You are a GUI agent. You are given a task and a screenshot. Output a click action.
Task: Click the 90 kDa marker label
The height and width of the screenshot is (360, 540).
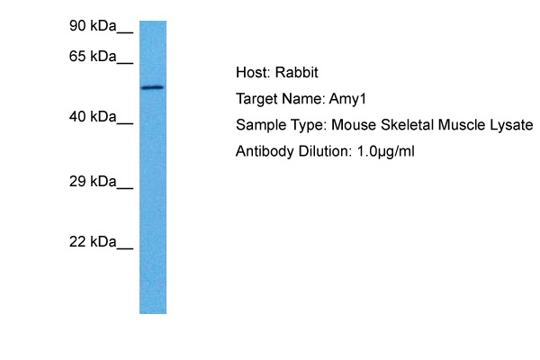(x=93, y=27)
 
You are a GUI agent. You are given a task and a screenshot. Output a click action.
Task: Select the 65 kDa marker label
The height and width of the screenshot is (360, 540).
(x=93, y=57)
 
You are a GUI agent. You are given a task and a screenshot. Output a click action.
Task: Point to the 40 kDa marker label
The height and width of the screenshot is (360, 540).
(x=93, y=117)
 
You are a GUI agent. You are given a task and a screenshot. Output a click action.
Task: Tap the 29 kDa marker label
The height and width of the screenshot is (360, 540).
(x=93, y=182)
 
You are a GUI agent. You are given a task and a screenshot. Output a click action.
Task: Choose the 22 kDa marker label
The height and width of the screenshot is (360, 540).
(x=93, y=242)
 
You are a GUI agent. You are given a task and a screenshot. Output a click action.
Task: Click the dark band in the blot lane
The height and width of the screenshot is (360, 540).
(x=152, y=87)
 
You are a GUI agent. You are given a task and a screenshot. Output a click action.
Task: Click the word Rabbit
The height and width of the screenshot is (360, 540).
(x=295, y=73)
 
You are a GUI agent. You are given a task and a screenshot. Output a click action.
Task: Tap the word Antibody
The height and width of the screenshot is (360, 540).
(x=262, y=151)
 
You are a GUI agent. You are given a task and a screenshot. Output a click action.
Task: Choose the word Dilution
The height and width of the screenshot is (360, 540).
(x=319, y=151)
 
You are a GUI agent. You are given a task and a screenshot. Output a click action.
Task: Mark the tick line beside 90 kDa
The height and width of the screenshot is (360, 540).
(x=125, y=31)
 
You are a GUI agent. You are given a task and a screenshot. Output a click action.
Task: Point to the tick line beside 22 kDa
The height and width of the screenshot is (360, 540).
(x=125, y=247)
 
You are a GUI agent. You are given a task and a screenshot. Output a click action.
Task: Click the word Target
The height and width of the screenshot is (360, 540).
(x=256, y=99)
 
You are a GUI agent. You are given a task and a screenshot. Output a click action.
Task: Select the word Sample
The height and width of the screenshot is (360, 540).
(x=259, y=125)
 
